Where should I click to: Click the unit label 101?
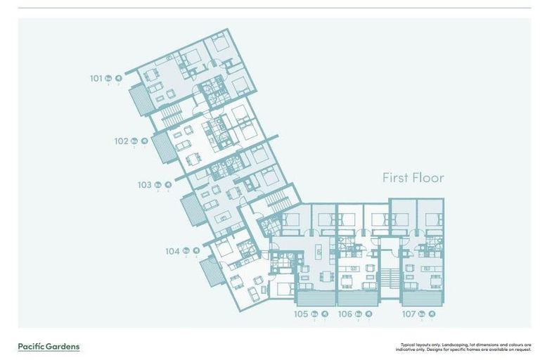(96, 78)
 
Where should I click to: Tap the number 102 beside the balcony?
(122, 141)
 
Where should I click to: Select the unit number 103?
(144, 185)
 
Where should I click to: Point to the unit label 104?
(172, 250)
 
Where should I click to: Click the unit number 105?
(301, 314)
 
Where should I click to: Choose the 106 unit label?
(345, 314)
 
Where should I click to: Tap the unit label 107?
(409, 314)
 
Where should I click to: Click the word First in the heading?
(396, 178)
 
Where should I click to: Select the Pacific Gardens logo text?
(49, 346)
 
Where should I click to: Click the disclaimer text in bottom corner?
(465, 347)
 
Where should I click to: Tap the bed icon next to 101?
(108, 78)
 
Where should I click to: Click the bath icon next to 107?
(432, 314)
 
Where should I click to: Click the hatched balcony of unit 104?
(209, 271)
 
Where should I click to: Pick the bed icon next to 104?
(186, 250)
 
